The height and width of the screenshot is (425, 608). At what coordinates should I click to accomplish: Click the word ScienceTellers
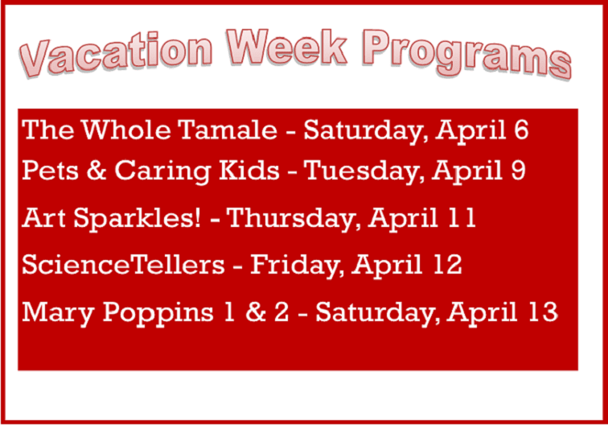tap(122, 265)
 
